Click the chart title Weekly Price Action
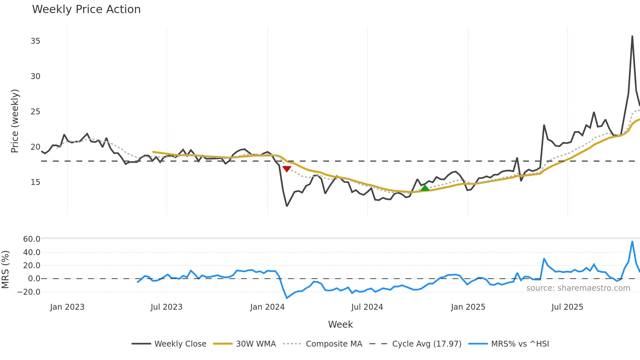point(86,9)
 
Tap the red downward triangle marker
point(287,169)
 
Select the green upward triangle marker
point(425,188)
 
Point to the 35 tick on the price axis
point(35,41)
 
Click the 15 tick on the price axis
point(35,182)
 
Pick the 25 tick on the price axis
point(35,112)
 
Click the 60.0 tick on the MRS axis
point(32,239)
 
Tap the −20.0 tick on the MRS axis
point(29,292)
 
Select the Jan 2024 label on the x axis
point(267,307)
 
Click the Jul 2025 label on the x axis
point(567,307)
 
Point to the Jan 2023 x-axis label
point(67,307)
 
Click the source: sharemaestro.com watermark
point(578,288)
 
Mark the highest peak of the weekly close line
point(632,36)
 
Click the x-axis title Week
point(340,324)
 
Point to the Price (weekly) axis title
point(15,121)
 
